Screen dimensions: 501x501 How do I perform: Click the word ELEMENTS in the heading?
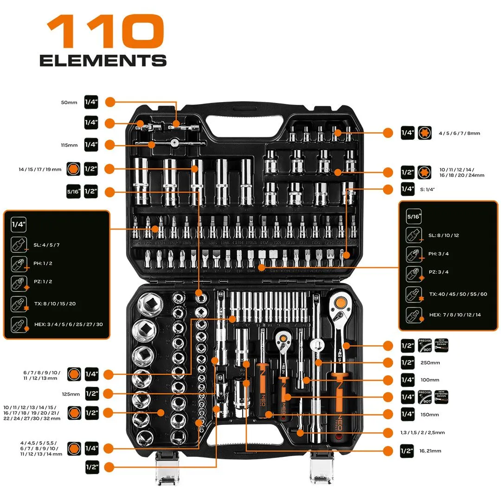pyautogui.click(x=103, y=61)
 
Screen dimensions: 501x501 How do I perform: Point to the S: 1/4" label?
pyautogui.click(x=427, y=189)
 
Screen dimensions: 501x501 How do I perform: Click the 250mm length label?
pyautogui.click(x=430, y=363)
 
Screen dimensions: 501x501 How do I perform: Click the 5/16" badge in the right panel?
pyautogui.click(x=414, y=216)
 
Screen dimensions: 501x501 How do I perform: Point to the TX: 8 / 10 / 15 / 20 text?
pyautogui.click(x=55, y=304)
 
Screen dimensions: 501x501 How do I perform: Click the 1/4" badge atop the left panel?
pyautogui.click(x=19, y=225)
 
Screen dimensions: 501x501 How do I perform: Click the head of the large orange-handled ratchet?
pyautogui.click(x=341, y=303)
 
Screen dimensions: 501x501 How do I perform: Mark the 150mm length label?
pyautogui.click(x=430, y=415)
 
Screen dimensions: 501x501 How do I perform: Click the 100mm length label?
pyautogui.click(x=430, y=380)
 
